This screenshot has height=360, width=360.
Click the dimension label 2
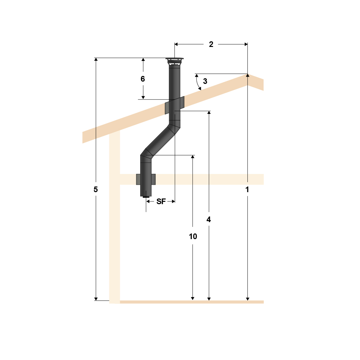211,44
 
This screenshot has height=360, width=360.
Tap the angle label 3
205,81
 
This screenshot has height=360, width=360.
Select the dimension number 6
143,79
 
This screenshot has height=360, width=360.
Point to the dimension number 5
96,189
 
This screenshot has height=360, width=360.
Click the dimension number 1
247,189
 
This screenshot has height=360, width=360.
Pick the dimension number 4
209,219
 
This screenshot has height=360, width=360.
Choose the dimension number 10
193,236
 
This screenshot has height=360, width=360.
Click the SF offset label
161,201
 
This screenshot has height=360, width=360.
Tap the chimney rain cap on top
175,61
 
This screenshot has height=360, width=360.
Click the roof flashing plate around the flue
175,105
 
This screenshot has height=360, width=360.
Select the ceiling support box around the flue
146,179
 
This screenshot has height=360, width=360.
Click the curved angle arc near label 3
197,83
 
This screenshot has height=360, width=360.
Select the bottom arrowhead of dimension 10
193,298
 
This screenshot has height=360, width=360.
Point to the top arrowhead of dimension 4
209,113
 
